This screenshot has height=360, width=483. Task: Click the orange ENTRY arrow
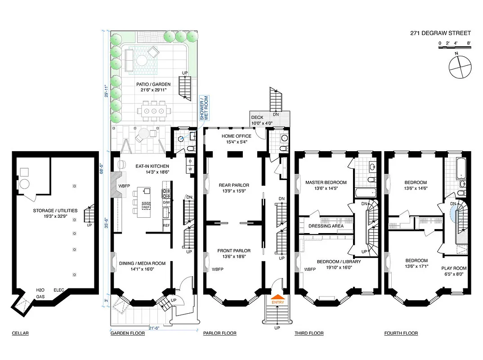coord(277,297)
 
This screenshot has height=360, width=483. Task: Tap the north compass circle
coord(459,67)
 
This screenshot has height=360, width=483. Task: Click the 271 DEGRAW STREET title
coord(440,33)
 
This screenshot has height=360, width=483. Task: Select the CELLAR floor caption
coord(20,333)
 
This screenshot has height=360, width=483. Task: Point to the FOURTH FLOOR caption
coord(401,333)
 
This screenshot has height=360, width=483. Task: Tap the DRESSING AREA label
coord(326,226)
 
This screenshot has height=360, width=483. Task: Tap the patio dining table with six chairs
coord(154,111)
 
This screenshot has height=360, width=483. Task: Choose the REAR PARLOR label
coord(233,185)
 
